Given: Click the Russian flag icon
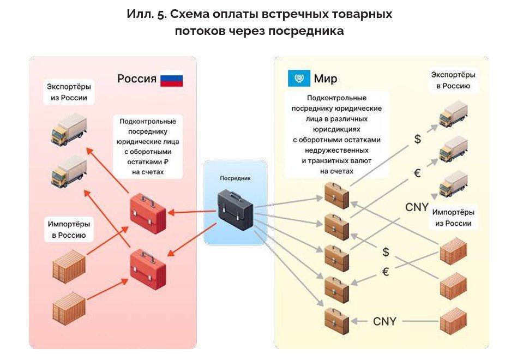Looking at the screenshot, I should click(x=171, y=80).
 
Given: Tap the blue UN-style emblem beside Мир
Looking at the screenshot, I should click(x=298, y=79).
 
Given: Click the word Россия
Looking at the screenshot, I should click(x=137, y=79).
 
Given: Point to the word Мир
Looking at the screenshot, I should click(x=325, y=79).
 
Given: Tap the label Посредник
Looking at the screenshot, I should click(x=235, y=178).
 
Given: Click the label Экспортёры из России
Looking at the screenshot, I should click(x=69, y=93).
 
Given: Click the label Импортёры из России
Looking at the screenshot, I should click(x=453, y=217).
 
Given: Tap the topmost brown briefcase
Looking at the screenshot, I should click(x=336, y=195).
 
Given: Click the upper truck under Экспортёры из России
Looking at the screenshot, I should click(x=69, y=129).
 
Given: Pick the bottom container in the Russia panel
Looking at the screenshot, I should click(x=69, y=309).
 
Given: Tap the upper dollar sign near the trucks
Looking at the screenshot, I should click(x=418, y=139).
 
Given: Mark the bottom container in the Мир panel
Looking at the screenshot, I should click(x=454, y=322).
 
